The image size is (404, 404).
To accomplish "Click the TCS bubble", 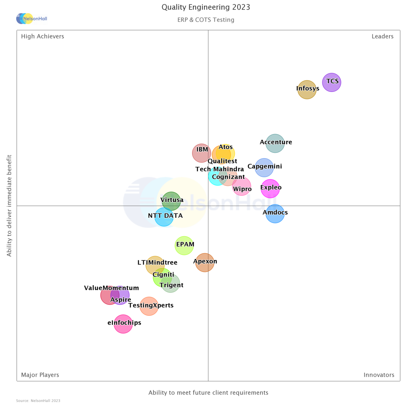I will pos(331,82).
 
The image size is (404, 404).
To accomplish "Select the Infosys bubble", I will pos(307,90).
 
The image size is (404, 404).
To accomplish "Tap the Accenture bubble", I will pos(275,143).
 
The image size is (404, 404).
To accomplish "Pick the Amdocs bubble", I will pos(275,214).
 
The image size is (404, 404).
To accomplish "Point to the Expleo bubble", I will pos(270,188).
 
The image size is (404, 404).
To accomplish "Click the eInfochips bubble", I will pos(123,324).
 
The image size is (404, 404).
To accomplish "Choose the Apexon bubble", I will pos(205,262).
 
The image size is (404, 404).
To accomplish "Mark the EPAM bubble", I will pos(184,245).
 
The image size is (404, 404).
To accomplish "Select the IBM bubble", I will pos(202,153).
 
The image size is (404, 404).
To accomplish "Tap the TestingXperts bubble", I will pos(149,306).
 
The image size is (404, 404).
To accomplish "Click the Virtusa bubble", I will pos(171,201).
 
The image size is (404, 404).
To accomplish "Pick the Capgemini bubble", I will pos(264,168).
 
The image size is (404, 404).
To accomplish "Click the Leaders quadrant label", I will pos(382,37).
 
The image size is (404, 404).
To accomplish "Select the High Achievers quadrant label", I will pos(43,37).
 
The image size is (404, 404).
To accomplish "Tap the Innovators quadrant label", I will pos(379,375).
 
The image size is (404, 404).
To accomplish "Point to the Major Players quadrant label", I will pos(40,375).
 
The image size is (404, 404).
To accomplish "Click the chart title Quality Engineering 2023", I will pos(206,7).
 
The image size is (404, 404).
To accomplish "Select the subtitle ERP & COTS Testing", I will pos(206,20).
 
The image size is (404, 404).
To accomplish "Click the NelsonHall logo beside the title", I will pos(32,19).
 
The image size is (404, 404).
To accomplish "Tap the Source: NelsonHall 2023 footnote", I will pos(38,400).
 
